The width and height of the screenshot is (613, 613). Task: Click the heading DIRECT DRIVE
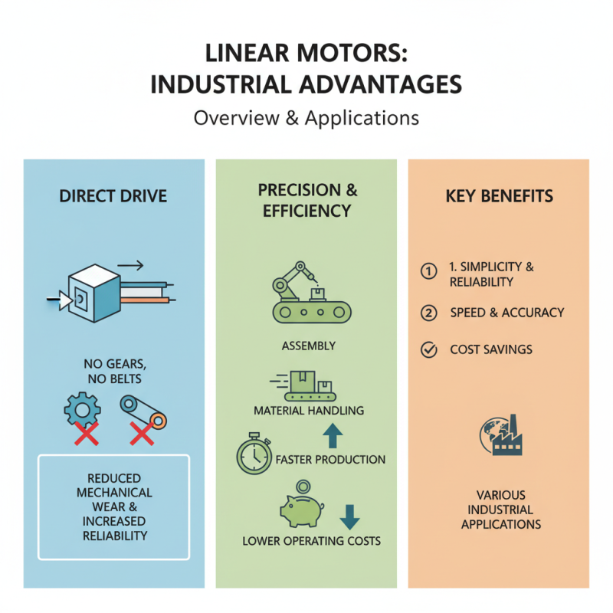coord(113,197)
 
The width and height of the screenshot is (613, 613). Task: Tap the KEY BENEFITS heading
coord(499,197)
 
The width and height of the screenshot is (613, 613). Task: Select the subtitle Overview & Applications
coord(306,119)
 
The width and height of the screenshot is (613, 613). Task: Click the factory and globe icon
coord(499,437)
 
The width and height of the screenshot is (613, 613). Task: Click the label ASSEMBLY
coord(308,346)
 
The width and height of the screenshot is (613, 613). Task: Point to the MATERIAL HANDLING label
coord(308,411)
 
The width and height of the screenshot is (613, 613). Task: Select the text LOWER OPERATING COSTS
coord(311,541)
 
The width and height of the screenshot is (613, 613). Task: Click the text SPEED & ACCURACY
coord(507,312)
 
